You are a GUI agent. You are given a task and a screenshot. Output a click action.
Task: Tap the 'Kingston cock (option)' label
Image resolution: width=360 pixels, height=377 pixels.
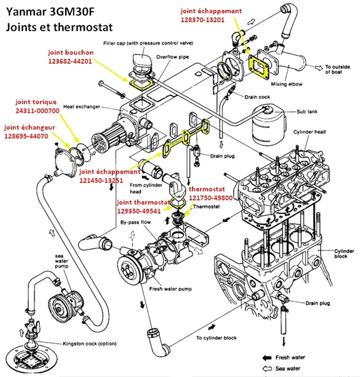tap(90, 343)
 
